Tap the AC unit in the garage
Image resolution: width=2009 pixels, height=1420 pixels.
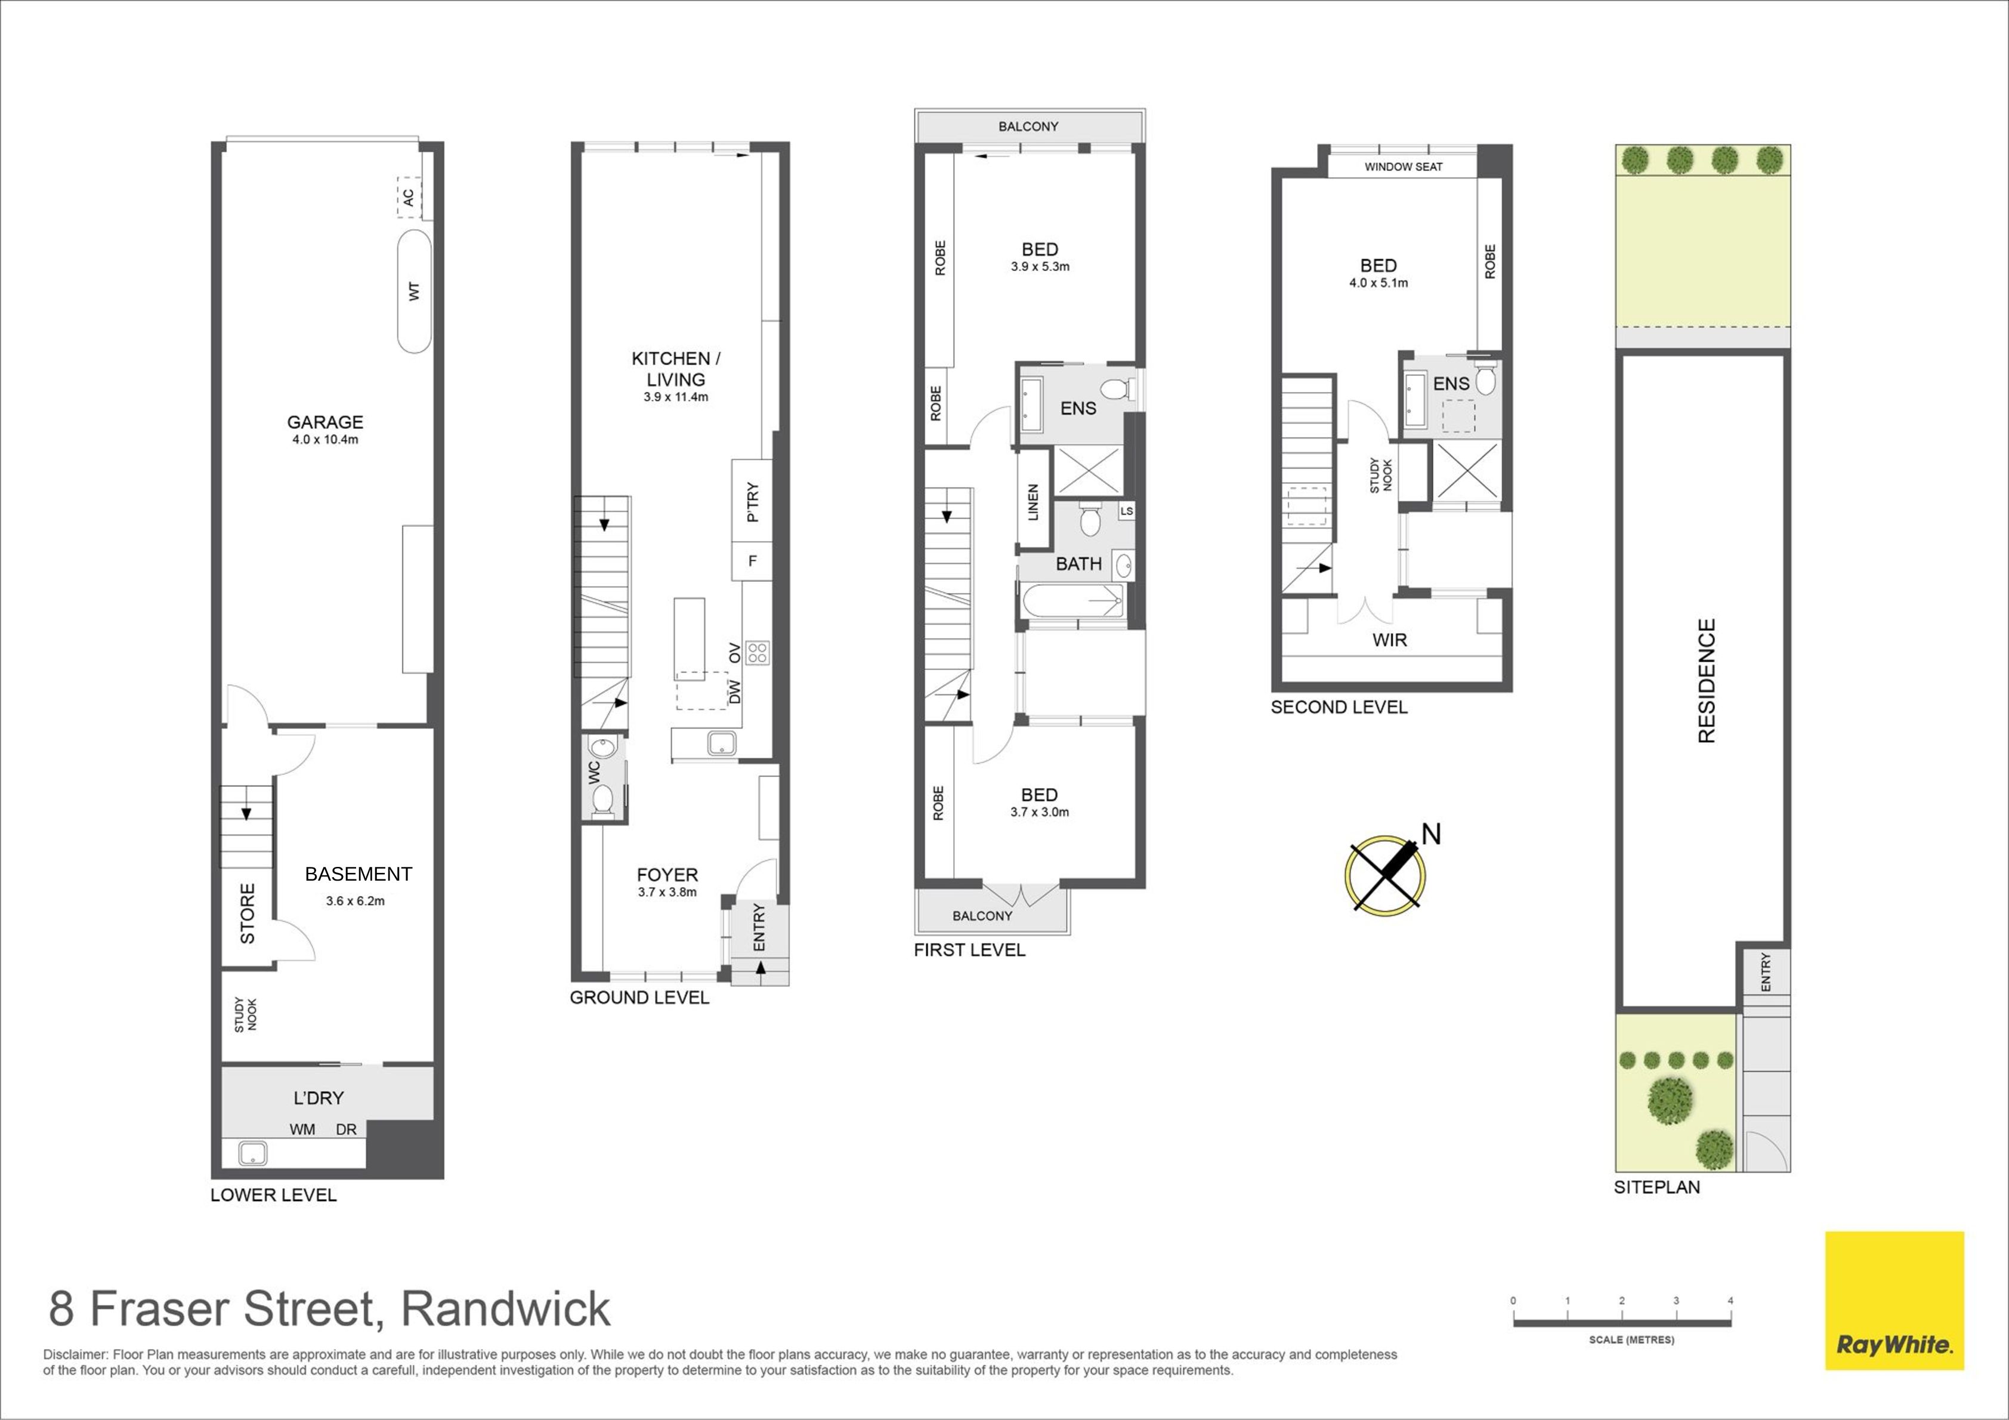point(409,198)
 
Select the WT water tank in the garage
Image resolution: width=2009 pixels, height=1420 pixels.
point(415,292)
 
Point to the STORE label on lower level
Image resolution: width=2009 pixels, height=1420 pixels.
point(248,913)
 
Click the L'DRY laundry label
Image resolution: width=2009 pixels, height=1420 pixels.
point(319,1098)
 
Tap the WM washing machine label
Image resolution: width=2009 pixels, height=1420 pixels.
point(303,1129)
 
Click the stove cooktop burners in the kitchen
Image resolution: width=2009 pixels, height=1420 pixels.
point(758,652)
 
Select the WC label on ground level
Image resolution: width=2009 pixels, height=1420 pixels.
point(594,772)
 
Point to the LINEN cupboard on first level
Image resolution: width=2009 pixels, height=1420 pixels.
point(1033,502)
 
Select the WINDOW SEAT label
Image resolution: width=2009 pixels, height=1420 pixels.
point(1404,166)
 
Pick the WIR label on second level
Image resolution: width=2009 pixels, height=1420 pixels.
point(1389,640)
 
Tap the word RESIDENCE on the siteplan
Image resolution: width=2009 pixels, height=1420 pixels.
point(1706,681)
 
